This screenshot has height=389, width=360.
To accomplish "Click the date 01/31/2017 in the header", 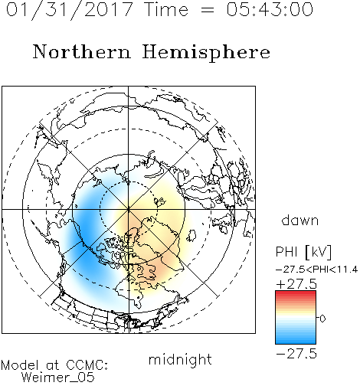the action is tap(70, 10).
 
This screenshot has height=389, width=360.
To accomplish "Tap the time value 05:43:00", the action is tap(270, 9).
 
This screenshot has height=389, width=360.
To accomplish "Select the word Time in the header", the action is tap(166, 9).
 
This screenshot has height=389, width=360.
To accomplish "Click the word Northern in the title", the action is tap(82, 52).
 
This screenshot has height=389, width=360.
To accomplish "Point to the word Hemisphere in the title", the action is tap(206, 53).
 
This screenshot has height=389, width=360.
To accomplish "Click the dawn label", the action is tap(300, 221).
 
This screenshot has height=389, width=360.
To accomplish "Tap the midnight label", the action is tap(180, 359).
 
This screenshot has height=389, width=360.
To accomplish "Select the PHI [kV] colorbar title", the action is tap(303, 252).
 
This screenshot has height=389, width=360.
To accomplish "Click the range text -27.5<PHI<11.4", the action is tap(316, 270).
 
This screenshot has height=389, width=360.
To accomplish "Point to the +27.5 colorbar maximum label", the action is tap(296, 284).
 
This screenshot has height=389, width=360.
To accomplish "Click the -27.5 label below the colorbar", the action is tap(296, 354).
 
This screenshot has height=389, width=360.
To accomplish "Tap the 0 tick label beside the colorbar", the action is tap(322, 319).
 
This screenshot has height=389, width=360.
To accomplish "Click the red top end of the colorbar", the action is tap(296, 293).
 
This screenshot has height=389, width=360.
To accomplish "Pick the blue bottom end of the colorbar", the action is tap(296, 341).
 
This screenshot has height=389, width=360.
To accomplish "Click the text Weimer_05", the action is tap(57, 378).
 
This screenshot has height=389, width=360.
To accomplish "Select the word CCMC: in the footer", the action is tap(87, 365).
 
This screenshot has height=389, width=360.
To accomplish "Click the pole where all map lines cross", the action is tap(129, 209).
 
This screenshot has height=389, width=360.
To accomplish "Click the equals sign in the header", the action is tap(208, 10).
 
